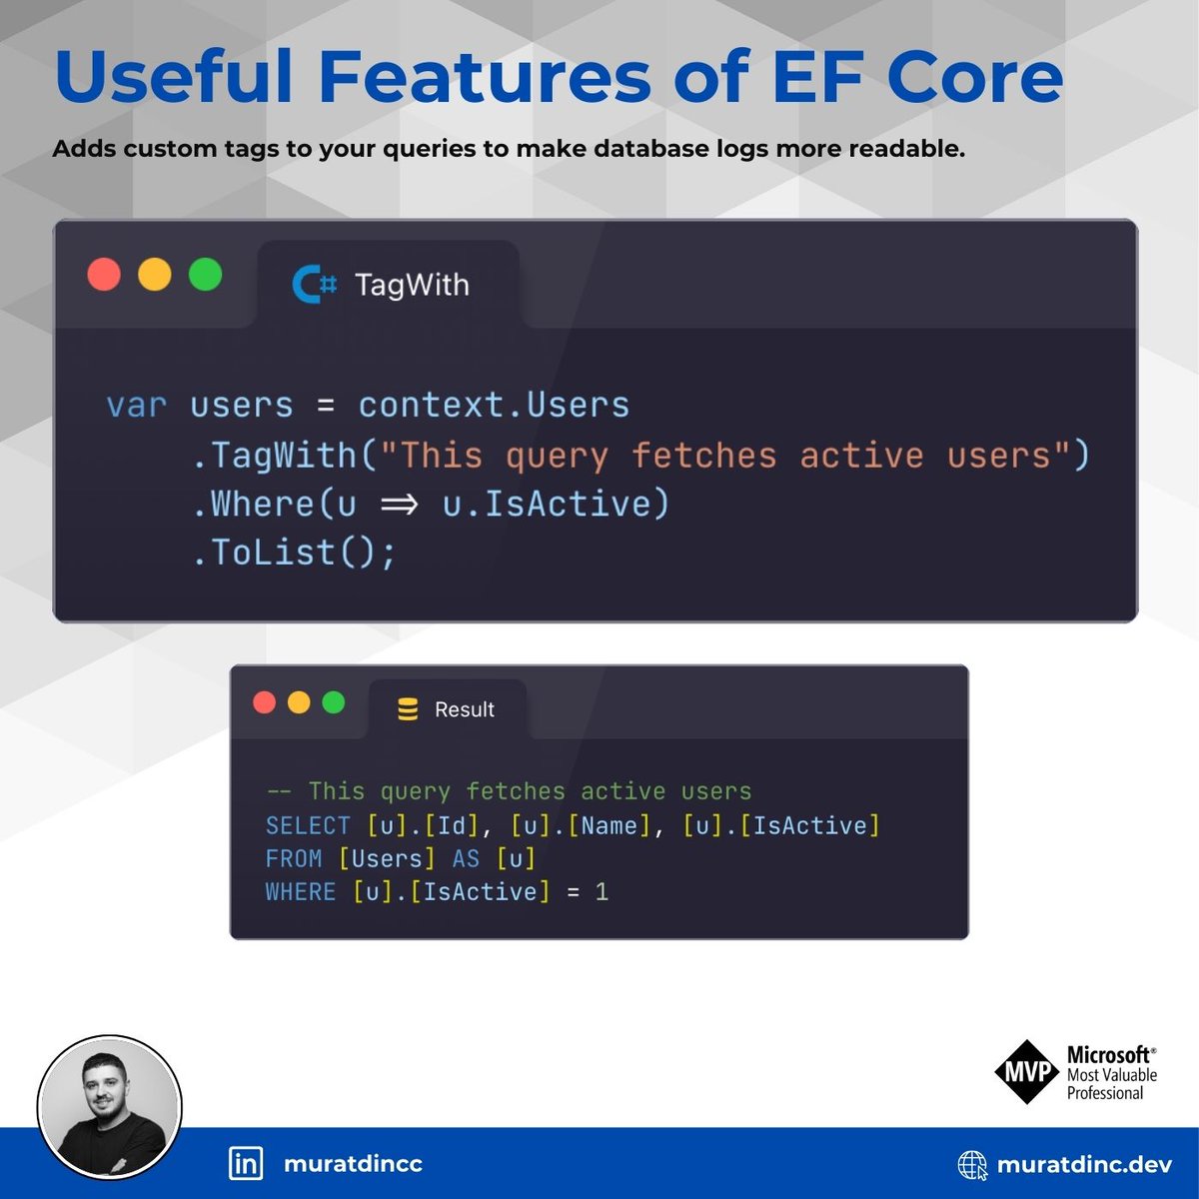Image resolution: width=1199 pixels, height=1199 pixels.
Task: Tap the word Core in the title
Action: (974, 77)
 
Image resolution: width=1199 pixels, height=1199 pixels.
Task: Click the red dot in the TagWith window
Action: (104, 274)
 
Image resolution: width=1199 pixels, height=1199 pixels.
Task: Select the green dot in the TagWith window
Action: (206, 274)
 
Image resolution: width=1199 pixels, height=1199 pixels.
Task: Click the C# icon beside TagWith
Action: (314, 285)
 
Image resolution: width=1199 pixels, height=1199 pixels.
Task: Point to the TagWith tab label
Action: (412, 285)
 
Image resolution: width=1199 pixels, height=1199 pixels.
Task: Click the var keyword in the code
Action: (136, 406)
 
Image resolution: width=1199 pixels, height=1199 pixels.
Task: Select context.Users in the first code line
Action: (494, 405)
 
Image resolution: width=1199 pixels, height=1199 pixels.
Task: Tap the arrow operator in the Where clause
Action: (399, 505)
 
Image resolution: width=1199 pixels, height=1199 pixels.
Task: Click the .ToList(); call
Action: (293, 553)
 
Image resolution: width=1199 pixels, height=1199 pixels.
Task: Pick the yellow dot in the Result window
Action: (299, 702)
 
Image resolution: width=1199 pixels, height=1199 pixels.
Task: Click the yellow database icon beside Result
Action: (408, 709)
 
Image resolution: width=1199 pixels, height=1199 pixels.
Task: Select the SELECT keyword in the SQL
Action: (308, 825)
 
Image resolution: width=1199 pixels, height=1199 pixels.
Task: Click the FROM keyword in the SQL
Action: (293, 859)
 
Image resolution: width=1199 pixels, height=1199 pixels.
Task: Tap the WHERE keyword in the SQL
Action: (301, 892)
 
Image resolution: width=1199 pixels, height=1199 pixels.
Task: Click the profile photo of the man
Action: (110, 1107)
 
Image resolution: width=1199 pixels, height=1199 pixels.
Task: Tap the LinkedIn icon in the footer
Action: (246, 1164)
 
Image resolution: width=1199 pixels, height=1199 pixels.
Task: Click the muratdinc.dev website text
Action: (1084, 1164)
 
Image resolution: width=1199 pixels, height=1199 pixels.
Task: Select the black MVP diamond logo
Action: (1027, 1072)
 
